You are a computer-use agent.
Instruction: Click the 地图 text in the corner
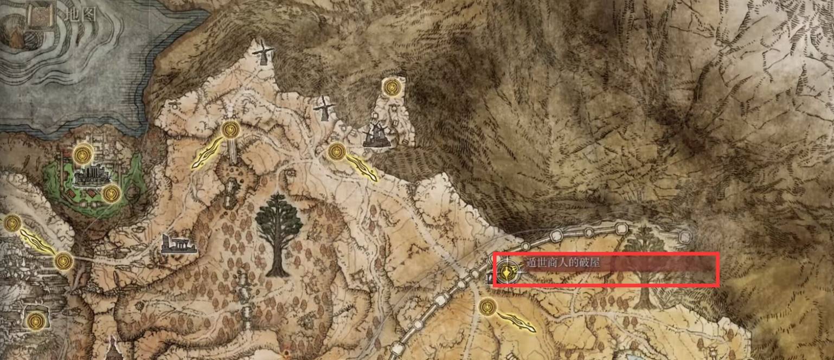click(x=80, y=15)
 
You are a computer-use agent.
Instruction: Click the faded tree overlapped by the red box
click(x=644, y=266)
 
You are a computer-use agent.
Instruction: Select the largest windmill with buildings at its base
click(x=375, y=134)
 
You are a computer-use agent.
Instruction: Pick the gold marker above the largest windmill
click(x=391, y=87)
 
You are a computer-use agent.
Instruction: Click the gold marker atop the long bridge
click(x=231, y=130)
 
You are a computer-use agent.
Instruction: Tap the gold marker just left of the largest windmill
click(x=337, y=152)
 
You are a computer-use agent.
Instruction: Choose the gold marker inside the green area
click(x=111, y=193)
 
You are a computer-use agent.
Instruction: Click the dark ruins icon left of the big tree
click(x=178, y=245)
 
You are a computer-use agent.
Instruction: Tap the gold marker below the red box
click(x=487, y=308)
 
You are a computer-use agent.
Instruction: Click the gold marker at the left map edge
click(x=12, y=223)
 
